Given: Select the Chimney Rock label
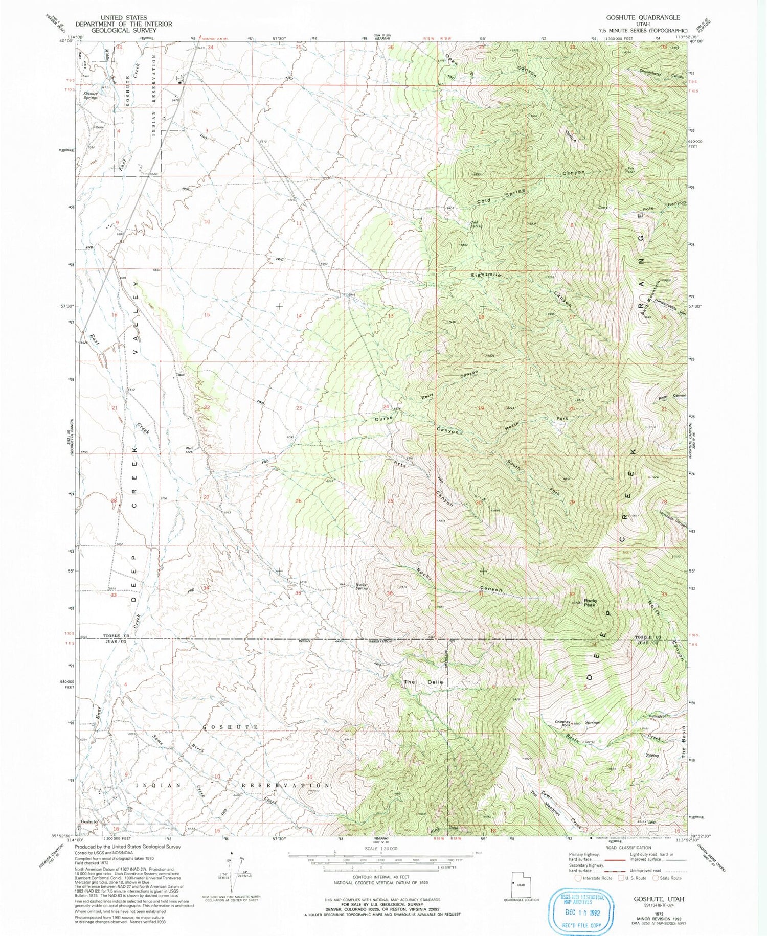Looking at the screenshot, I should click(562, 723).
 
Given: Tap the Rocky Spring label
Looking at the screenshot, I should click(362, 586).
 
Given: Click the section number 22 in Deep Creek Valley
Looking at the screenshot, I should click(207, 407).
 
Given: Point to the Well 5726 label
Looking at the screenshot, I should click(189, 450).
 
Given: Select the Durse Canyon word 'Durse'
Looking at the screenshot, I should click(383, 418).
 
